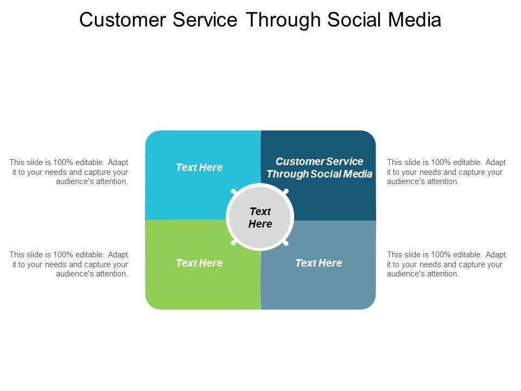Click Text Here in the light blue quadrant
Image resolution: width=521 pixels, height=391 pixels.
[199, 168]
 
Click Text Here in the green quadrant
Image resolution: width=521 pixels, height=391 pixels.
[199, 263]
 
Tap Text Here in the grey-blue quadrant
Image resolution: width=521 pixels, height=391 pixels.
[319, 263]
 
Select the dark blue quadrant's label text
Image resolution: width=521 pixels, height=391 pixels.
[319, 168]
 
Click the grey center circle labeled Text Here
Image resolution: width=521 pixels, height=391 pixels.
[260, 217]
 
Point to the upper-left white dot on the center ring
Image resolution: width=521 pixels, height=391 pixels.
[234, 191]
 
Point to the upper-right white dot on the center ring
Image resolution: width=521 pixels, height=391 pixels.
[286, 191]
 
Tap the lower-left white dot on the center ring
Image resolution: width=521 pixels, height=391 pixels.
[234, 243]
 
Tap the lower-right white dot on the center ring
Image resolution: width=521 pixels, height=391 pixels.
[286, 243]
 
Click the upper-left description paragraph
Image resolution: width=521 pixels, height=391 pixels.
[69, 172]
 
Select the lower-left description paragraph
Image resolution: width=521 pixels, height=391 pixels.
[69, 264]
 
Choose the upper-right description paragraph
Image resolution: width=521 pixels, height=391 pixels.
[446, 172]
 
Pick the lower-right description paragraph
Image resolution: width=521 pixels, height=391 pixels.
[446, 264]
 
